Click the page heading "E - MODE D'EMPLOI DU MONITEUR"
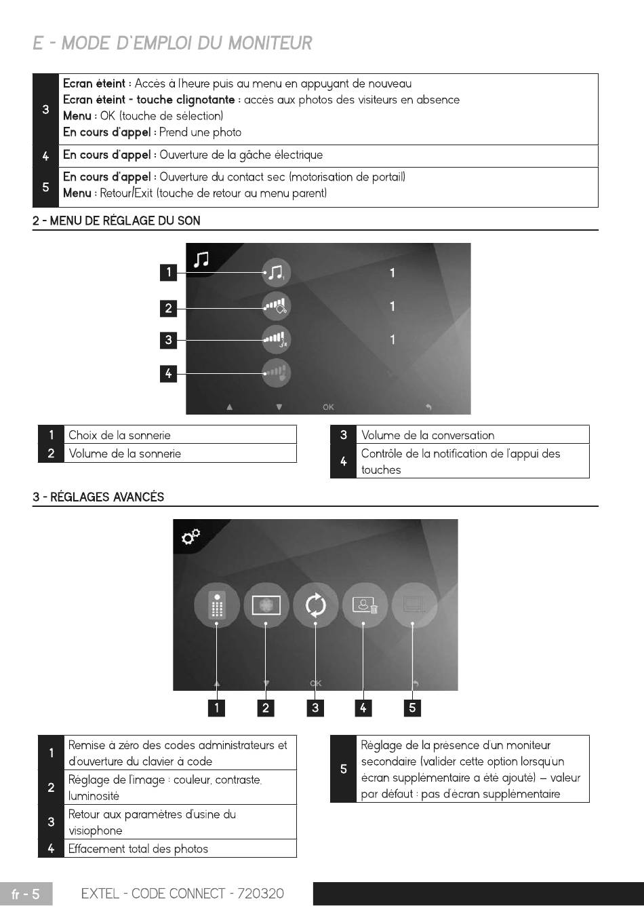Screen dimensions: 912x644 coord(172,43)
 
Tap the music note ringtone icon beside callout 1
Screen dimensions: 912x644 coord(275,273)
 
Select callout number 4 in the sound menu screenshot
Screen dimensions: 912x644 coord(168,373)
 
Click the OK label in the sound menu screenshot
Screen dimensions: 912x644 coord(328,407)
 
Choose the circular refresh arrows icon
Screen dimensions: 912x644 coord(315,604)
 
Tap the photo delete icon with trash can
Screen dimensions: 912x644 coord(365,604)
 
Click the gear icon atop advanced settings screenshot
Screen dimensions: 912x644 coord(190,537)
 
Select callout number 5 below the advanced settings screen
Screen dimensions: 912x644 coord(412,708)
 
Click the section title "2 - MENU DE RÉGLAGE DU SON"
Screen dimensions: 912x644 coord(117,221)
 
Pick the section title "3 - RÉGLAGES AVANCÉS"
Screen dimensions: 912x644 coord(98,497)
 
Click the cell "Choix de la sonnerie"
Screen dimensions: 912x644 coord(120,435)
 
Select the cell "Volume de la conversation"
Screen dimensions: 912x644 coord(428,435)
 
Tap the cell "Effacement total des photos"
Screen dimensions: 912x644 coord(138,849)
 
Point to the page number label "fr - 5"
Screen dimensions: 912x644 coord(26,894)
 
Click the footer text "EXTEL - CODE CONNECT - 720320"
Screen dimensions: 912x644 coord(182,894)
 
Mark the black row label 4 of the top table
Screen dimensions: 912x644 coord(45,156)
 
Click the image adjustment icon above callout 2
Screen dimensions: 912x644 coord(266,604)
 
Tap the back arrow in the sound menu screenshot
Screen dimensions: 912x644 coord(428,407)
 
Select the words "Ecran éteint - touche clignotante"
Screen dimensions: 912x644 coord(148,100)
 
